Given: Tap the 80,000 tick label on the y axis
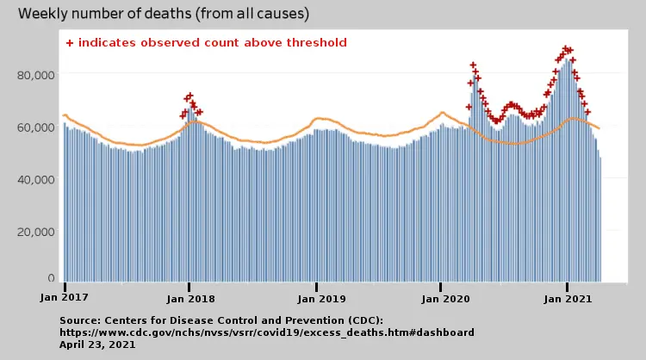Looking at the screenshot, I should point(37,75).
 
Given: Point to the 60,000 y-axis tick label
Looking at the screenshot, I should point(37,127).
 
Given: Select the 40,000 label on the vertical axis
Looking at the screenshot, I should point(37,179).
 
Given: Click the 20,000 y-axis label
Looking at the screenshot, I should point(37,232).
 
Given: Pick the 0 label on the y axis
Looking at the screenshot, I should point(52,278).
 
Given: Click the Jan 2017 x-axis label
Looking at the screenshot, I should point(65,298).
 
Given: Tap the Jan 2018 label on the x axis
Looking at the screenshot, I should point(190,298).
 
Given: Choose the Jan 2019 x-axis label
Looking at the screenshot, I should point(317,298).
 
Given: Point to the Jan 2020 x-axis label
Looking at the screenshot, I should point(441,298).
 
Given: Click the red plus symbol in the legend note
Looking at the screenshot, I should point(70,42).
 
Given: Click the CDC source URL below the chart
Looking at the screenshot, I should point(267,332).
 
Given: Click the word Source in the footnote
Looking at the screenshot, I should point(82,320).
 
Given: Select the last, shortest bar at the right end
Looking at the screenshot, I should point(600,219).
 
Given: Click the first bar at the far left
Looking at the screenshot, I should point(65,202).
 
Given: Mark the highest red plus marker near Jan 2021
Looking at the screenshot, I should point(566,49).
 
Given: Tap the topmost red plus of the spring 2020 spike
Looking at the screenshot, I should point(473,65).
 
